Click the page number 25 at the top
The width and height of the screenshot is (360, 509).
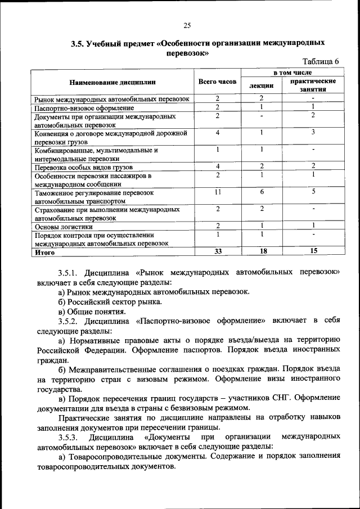click(x=187, y=24)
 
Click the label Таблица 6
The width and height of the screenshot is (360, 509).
click(x=321, y=62)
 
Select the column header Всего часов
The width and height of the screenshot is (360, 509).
click(x=217, y=82)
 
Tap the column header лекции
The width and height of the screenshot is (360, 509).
click(x=262, y=85)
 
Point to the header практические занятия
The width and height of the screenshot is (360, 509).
click(x=313, y=85)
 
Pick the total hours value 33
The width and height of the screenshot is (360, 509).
click(x=217, y=251)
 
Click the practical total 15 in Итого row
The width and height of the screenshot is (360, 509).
click(x=313, y=251)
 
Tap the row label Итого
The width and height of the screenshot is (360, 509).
click(x=44, y=252)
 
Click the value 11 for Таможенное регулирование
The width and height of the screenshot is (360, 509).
click(x=217, y=192)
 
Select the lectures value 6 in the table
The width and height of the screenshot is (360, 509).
click(x=262, y=192)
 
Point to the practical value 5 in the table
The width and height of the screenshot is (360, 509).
click(x=313, y=192)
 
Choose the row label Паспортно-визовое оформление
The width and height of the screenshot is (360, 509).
click(x=84, y=107)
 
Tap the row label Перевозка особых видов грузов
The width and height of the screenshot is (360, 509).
click(x=83, y=167)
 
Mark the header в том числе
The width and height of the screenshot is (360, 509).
click(x=292, y=73)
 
